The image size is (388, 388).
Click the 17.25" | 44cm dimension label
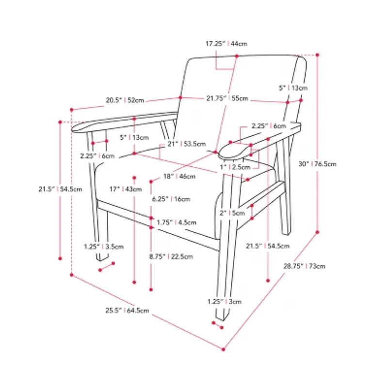(226, 44)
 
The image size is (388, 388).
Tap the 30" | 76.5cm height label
(318, 164)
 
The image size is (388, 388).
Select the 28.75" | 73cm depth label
(305, 266)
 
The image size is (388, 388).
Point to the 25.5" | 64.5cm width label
(127, 310)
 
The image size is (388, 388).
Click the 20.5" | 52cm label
(125, 100)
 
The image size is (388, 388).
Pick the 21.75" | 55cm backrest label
(227, 98)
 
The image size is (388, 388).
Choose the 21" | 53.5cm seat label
(187, 144)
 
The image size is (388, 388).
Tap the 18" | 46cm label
(179, 177)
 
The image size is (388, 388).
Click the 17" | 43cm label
(126, 189)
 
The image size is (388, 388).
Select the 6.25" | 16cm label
(171, 199)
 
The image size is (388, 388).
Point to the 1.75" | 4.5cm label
(177, 223)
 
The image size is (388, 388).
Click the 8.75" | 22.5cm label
(171, 257)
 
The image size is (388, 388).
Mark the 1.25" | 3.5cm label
(104, 247)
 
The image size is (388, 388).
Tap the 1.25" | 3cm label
(225, 302)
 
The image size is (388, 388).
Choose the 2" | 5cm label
(232, 213)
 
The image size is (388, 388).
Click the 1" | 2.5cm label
(235, 167)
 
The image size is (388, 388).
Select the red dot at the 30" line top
(318, 55)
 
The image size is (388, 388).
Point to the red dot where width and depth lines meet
(224, 349)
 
